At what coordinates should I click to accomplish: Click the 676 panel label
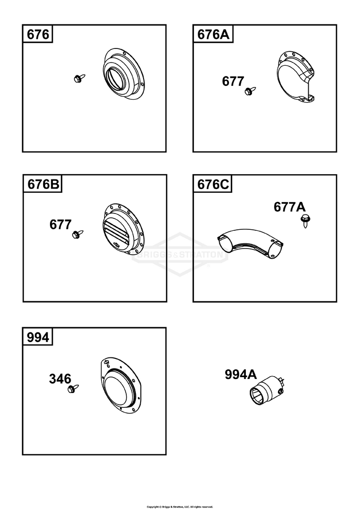[37, 35]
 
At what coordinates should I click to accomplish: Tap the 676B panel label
[42, 185]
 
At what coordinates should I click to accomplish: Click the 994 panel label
[38, 337]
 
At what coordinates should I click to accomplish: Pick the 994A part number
[241, 375]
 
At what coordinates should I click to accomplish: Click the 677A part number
[290, 207]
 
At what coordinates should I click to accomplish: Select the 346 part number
[60, 379]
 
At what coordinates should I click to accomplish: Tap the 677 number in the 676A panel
[233, 82]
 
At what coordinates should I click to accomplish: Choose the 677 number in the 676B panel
[60, 225]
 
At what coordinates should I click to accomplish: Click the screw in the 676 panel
[79, 78]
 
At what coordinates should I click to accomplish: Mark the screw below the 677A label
[304, 221]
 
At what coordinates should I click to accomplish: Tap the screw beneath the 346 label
[73, 388]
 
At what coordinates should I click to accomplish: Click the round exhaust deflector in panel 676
[123, 74]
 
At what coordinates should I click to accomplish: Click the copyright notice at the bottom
[180, 506]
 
